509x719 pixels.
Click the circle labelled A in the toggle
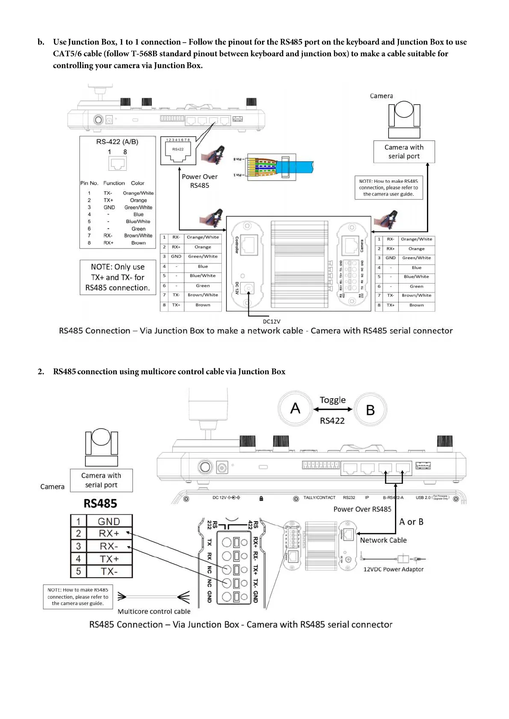295,409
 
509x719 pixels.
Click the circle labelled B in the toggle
371,410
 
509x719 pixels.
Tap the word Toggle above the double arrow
332,400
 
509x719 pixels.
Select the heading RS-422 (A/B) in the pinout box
117,142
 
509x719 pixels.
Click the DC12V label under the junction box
271,322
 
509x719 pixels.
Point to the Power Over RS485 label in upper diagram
200,181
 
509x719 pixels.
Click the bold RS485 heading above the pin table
100,503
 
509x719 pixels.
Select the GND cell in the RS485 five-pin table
109,521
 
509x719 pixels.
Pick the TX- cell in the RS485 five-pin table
109,572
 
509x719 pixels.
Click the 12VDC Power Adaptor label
393,569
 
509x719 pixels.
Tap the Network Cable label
383,540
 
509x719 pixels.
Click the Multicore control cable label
154,611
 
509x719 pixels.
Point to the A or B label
411,522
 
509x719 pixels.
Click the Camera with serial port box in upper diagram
404,152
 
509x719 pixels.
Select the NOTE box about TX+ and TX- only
118,277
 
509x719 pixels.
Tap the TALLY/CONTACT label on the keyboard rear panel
319,498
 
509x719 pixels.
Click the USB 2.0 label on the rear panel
423,498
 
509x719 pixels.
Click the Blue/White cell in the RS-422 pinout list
138,222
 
